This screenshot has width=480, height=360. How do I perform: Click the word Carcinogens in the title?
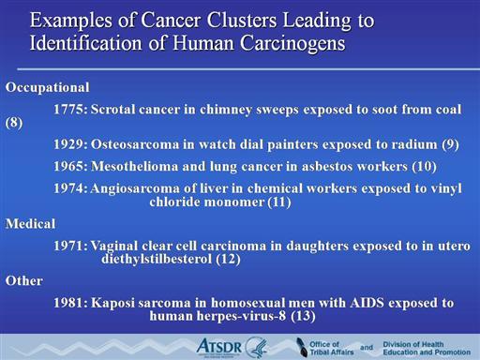pos(292,43)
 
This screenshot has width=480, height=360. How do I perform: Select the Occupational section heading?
pos(48,87)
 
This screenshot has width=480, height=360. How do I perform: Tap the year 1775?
pos(70,110)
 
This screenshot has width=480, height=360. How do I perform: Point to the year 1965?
pos(70,166)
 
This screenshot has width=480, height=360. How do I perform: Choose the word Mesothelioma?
pos(135,166)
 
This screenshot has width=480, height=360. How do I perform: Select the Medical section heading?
pos(31,224)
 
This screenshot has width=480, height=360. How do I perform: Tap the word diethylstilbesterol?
pos(157,259)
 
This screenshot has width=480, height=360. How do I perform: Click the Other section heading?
pos(24,280)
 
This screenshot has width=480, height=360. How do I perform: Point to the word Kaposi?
pos(112,303)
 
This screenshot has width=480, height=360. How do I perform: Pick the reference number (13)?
pos(303,316)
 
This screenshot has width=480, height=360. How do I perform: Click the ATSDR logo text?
pos(219,347)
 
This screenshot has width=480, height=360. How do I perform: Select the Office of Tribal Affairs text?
pos(332,348)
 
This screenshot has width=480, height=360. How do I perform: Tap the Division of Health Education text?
pos(427,348)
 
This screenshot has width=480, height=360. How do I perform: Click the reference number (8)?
pos(14,123)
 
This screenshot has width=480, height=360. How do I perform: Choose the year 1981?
pos(70,303)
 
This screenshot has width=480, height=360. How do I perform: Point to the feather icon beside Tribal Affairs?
pos(301,347)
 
